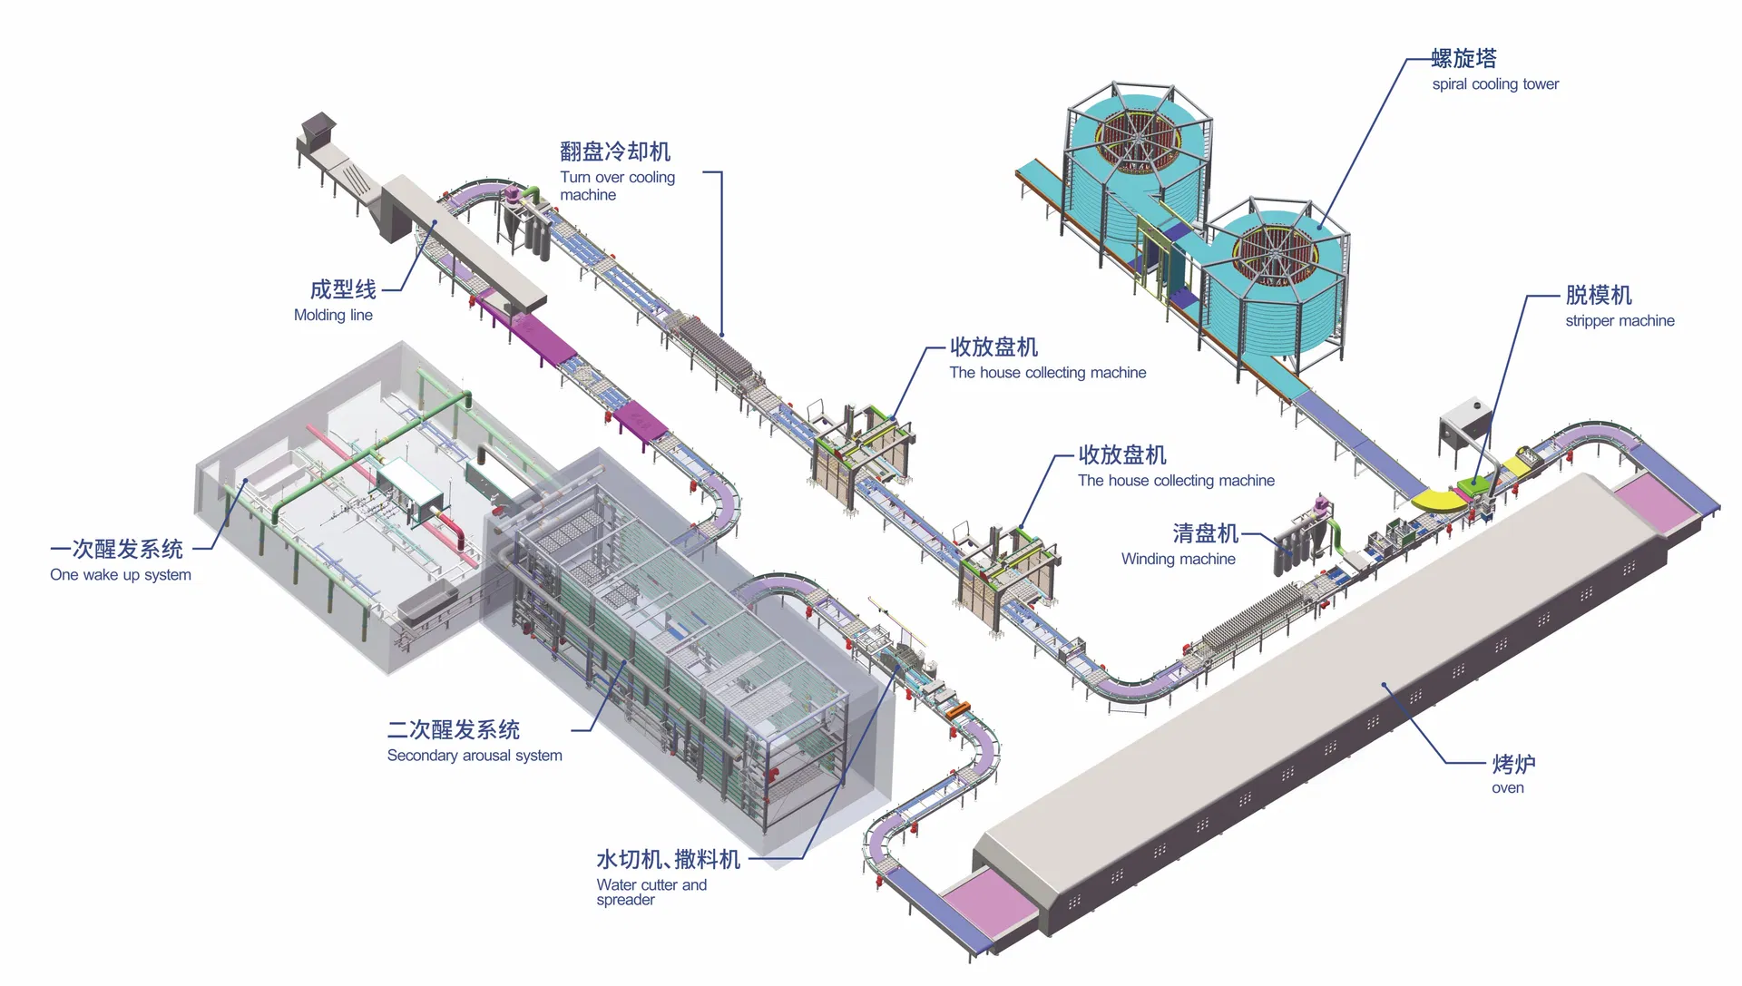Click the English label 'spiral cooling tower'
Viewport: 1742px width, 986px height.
(x=1495, y=84)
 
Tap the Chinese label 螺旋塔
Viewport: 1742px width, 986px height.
(x=1463, y=59)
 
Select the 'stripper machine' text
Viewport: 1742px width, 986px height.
(x=1620, y=321)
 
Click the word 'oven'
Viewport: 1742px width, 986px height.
(x=1507, y=788)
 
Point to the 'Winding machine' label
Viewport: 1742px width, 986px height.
(x=1178, y=560)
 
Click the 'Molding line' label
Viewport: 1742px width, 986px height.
(x=333, y=316)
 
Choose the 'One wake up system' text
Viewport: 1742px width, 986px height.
(x=121, y=575)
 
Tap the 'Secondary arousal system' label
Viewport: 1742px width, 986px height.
(x=475, y=756)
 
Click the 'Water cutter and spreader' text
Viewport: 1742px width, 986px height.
(x=651, y=892)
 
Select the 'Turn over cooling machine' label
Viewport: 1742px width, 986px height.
(x=617, y=186)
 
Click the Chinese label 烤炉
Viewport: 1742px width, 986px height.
(x=1513, y=764)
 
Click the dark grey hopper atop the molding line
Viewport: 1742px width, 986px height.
(x=318, y=124)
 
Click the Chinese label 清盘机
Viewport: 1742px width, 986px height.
(x=1205, y=533)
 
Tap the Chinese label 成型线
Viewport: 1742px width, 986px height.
(x=343, y=290)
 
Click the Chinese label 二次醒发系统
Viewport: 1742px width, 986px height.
(x=453, y=730)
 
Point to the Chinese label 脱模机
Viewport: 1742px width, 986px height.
(x=1598, y=296)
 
